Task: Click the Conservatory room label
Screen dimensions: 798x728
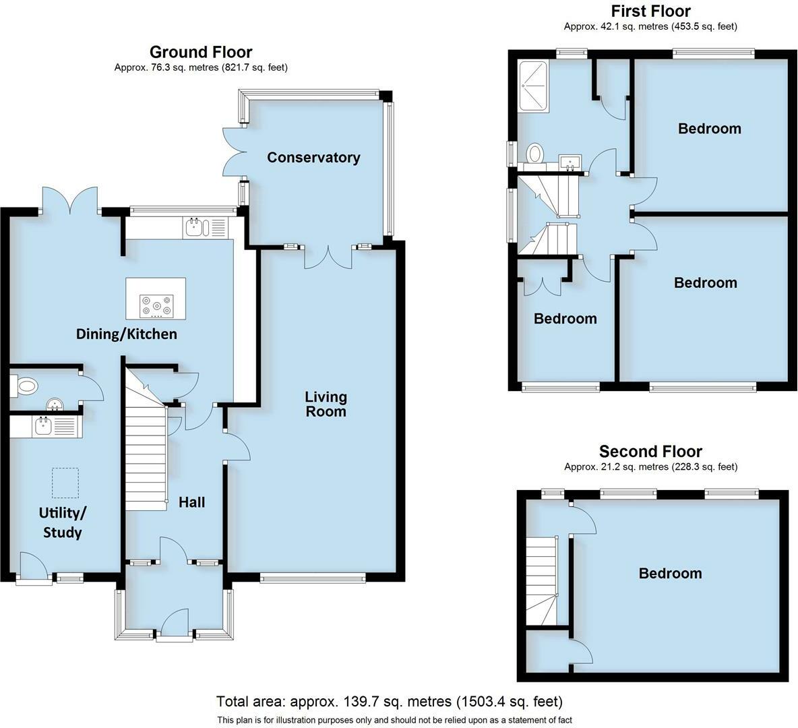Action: pyautogui.click(x=313, y=158)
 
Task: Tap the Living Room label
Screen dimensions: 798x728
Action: pyautogui.click(x=326, y=404)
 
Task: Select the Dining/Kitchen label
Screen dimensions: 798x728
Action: pyautogui.click(x=127, y=334)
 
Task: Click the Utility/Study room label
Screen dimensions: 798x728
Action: pyautogui.click(x=63, y=522)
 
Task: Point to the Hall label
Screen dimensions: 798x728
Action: pyautogui.click(x=192, y=502)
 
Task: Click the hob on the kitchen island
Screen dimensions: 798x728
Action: pyautogui.click(x=157, y=306)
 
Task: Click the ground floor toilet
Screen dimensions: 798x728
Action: pyautogui.click(x=24, y=386)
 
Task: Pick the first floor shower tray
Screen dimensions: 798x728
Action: pyautogui.click(x=533, y=87)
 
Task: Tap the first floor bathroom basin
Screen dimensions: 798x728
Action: pyautogui.click(x=570, y=162)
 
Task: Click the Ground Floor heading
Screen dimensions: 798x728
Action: pyautogui.click(x=201, y=52)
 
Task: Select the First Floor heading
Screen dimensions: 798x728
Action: pyautogui.click(x=651, y=11)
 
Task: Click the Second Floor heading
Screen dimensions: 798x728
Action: pyautogui.click(x=651, y=452)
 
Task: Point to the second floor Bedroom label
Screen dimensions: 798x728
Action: pyautogui.click(x=670, y=574)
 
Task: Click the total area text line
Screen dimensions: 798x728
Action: pyautogui.click(x=390, y=702)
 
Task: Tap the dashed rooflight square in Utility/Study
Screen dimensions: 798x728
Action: pyautogui.click(x=65, y=483)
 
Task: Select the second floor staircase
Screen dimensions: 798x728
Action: pyautogui.click(x=541, y=581)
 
